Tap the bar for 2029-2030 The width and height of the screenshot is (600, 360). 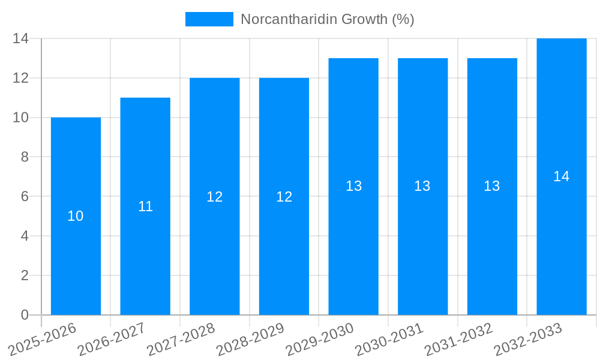(x=353, y=252)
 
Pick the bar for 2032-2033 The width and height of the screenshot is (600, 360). (x=562, y=252)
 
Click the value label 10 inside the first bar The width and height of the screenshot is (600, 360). (x=76, y=216)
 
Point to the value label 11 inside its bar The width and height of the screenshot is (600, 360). (x=145, y=206)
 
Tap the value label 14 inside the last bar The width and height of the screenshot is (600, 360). (x=562, y=176)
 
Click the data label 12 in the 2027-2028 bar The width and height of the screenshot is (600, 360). (x=215, y=196)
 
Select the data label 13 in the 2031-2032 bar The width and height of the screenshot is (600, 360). (x=492, y=186)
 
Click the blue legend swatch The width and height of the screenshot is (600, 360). (x=209, y=19)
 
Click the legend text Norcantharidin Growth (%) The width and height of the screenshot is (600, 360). (x=328, y=19)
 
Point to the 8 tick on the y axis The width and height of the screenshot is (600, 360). (x=25, y=157)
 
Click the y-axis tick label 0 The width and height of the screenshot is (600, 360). (x=25, y=315)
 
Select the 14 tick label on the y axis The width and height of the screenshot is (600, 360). (x=21, y=39)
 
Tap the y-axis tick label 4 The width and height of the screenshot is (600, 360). (x=25, y=236)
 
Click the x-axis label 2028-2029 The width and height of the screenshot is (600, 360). (x=250, y=339)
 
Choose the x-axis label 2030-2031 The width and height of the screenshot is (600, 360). (x=389, y=339)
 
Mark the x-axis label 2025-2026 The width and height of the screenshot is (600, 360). (x=43, y=339)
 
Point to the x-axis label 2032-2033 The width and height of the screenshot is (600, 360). (x=528, y=339)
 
